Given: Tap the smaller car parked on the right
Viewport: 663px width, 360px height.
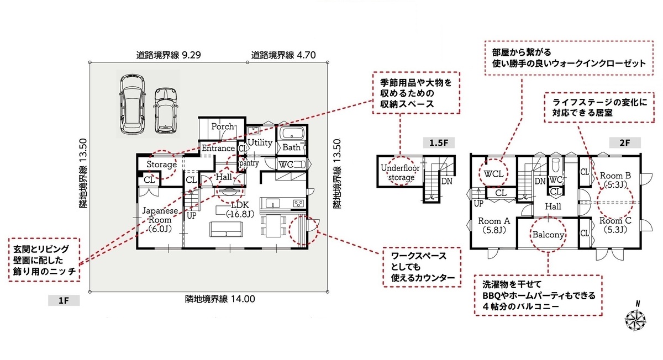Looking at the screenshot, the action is click(166, 110).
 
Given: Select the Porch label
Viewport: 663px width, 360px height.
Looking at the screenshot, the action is click(223, 126).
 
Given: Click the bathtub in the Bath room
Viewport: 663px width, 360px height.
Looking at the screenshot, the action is click(292, 133).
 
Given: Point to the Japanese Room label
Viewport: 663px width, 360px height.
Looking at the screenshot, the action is click(160, 220).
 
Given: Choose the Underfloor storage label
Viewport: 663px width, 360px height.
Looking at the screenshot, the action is click(400, 172).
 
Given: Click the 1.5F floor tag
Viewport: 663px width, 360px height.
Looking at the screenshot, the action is click(439, 143).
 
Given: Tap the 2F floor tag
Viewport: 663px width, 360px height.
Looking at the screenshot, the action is click(625, 143).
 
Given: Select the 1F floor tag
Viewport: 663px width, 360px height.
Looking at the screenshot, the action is click(64, 300).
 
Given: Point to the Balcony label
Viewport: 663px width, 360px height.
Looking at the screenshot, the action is click(548, 235).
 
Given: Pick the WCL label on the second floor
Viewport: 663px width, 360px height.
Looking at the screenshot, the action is click(493, 173).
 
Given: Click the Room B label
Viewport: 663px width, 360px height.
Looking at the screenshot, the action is click(615, 180).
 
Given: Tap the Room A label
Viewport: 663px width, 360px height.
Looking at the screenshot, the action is click(494, 225).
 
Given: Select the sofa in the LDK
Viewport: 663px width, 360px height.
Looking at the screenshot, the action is click(226, 229).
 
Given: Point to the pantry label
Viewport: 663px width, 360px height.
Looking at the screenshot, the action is click(249, 163).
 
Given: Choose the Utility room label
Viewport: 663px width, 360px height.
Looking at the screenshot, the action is click(260, 142).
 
